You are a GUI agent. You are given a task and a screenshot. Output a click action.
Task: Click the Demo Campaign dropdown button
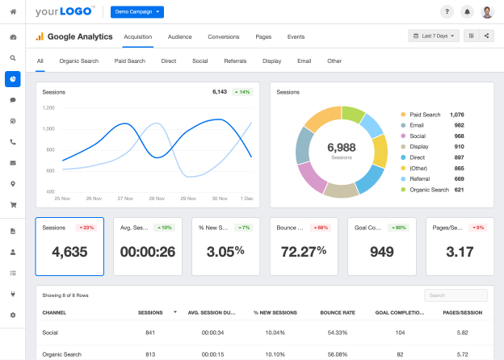click(137, 12)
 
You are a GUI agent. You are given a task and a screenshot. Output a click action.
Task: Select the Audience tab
click(179, 36)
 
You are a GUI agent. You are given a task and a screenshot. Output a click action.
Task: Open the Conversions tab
click(223, 36)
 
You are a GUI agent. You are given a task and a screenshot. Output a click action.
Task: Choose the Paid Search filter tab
click(129, 61)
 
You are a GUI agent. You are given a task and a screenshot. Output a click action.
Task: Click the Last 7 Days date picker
click(434, 36)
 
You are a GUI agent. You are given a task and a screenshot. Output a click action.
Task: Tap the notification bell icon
click(467, 12)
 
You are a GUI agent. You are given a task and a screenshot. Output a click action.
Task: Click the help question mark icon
click(447, 12)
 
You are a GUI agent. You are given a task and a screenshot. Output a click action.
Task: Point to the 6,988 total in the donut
click(341, 148)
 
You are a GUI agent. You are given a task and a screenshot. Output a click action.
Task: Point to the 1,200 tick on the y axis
click(48, 107)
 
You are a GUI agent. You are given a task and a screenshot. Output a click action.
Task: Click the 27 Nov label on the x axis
click(125, 198)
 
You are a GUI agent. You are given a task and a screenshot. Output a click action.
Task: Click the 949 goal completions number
click(381, 251)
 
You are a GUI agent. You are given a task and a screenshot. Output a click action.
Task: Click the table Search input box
click(456, 295)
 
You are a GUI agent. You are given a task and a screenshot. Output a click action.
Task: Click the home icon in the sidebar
click(13, 11)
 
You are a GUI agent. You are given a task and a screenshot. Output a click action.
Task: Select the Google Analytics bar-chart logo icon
click(39, 36)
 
